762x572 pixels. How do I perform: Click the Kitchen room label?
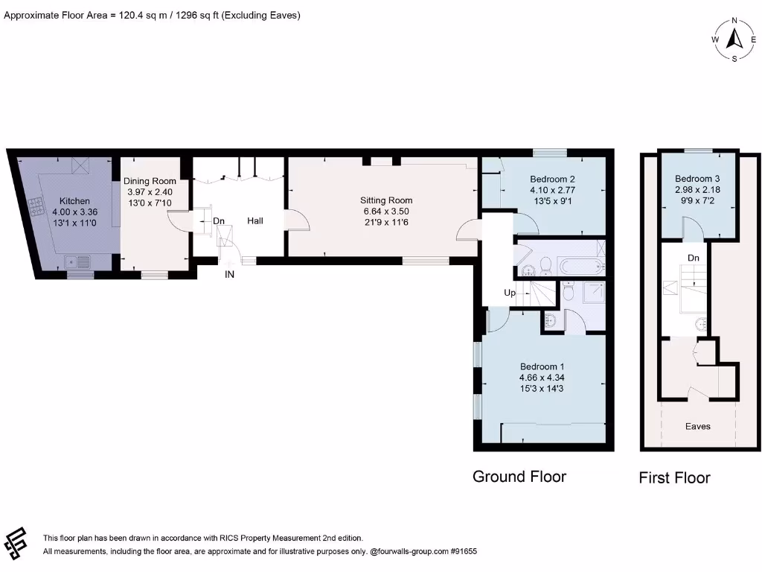click(x=74, y=201)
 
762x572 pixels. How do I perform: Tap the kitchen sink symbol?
click(x=77, y=262)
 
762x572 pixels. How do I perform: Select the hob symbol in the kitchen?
click(x=36, y=207)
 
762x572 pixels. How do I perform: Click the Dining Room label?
click(x=150, y=182)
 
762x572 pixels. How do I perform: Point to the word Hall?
click(x=255, y=220)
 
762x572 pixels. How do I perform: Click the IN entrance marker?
click(x=229, y=274)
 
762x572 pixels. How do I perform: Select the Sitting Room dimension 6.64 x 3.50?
click(x=386, y=212)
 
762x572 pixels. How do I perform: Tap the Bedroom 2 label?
click(x=553, y=179)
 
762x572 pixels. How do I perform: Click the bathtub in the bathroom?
click(x=582, y=267)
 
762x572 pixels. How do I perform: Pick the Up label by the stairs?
click(x=509, y=293)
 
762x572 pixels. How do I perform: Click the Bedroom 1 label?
click(x=542, y=366)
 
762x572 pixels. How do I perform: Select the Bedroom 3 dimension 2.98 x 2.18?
click(x=697, y=190)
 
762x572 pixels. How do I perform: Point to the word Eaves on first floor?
click(x=698, y=427)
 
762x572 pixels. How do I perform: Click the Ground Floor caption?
click(x=519, y=477)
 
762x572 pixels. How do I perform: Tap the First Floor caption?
click(x=674, y=477)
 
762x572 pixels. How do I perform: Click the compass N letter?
click(x=734, y=20)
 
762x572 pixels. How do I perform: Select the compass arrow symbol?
click(x=734, y=39)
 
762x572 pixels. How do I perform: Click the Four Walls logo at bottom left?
click(x=15, y=543)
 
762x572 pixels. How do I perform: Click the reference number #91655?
click(x=464, y=552)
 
